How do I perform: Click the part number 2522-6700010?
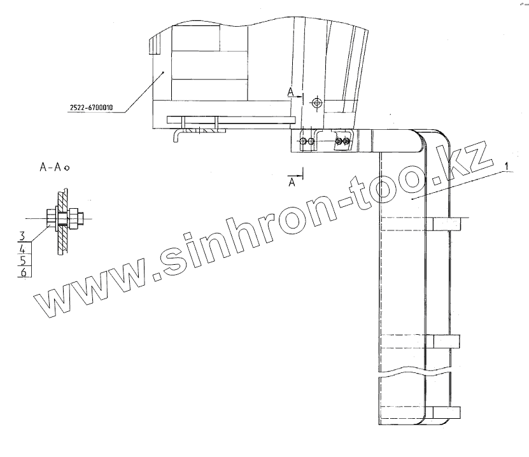92,108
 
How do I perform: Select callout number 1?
506,166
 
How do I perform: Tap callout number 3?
22,236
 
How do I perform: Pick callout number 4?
23,249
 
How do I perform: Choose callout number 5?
23,260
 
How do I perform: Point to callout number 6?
24,272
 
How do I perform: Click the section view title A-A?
50,167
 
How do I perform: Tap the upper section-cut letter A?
291,92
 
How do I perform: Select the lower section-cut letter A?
292,183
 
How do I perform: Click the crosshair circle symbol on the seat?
317,102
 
